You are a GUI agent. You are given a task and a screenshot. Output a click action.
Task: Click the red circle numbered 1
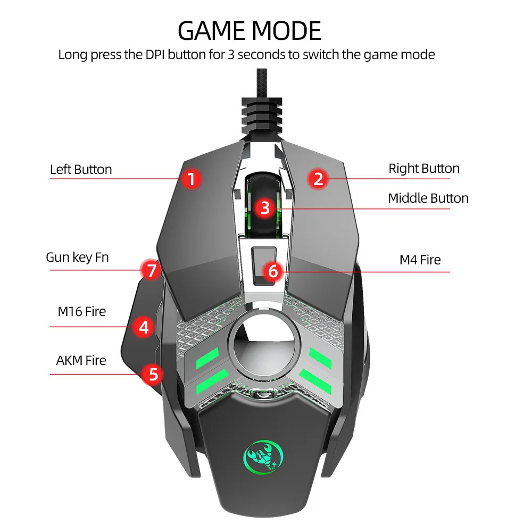click(192, 179)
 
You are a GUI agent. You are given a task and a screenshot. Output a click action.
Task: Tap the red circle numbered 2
click(318, 178)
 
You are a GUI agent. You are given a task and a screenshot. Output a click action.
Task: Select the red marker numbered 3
click(265, 207)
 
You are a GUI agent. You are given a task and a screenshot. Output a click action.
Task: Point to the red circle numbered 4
click(144, 327)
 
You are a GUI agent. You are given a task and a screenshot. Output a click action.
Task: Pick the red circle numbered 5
click(153, 374)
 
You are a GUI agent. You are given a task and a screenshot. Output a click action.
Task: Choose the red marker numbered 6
click(273, 271)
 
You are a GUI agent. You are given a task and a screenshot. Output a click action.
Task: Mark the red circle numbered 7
click(152, 271)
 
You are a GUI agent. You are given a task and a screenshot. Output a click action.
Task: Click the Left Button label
click(81, 170)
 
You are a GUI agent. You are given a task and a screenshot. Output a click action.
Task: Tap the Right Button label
click(424, 169)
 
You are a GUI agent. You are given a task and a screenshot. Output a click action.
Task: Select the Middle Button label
click(428, 198)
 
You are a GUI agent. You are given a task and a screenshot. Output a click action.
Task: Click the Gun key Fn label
click(77, 257)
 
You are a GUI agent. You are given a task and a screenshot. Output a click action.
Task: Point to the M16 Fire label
click(82, 311)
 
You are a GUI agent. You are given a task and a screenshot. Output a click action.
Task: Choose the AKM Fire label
click(81, 360)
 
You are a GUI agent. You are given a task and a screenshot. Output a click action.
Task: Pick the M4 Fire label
click(420, 260)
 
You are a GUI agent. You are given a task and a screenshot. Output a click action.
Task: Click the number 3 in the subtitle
click(231, 54)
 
